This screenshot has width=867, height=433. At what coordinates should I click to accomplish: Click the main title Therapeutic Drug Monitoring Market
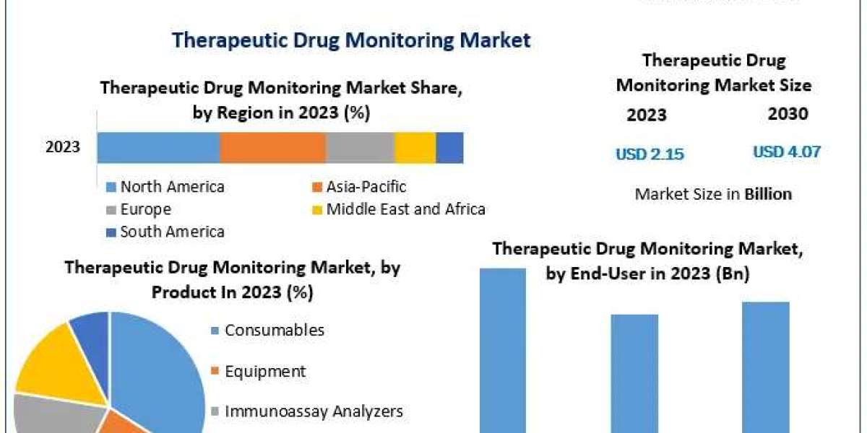pos(351,40)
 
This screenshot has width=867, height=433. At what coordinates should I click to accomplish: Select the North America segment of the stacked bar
pos(158,148)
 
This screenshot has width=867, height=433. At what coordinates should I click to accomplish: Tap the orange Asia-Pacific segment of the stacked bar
pos(272,148)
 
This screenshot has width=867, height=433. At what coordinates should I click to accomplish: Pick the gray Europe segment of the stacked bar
pos(360,148)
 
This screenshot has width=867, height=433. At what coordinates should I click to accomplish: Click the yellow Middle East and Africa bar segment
pos(415,148)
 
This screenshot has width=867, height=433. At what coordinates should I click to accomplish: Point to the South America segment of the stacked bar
pos(449,148)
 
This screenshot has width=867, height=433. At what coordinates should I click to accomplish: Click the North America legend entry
pos(172,187)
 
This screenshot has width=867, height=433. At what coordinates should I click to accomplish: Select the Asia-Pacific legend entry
pos(366,187)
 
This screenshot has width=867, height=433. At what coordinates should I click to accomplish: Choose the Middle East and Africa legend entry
pos(405,209)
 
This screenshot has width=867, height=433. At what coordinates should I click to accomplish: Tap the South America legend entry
pos(172,232)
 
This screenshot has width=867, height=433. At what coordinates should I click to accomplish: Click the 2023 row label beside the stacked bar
pos(63,148)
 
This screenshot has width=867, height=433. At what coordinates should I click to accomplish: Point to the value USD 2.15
pos(650,154)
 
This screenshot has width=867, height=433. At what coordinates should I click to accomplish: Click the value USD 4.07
pos(787,152)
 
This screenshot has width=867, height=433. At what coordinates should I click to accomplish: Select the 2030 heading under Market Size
pos(788,113)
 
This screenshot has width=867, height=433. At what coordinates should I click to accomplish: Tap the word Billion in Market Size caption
pos(767,193)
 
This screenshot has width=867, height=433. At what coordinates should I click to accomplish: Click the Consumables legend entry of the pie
pos(274,331)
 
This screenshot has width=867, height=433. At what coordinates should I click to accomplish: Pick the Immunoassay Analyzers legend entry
pos(314,411)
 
